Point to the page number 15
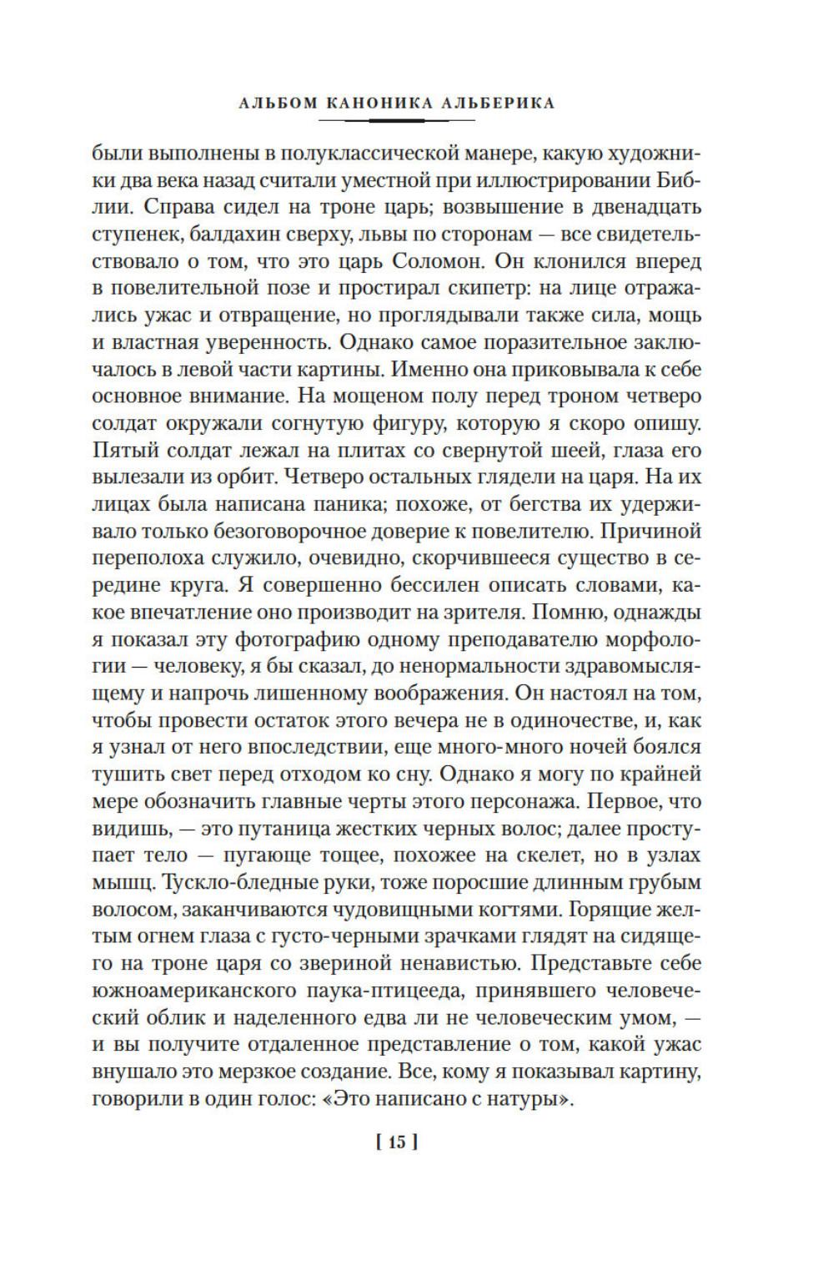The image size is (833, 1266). pos(395,1142)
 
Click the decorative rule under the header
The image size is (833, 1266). pos(397,121)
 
